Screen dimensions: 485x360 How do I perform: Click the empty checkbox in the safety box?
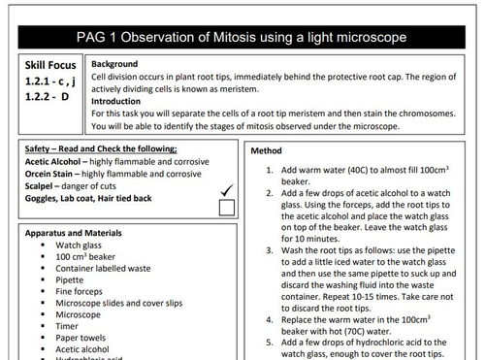[x=226, y=207]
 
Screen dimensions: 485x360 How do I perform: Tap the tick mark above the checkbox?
[x=226, y=189]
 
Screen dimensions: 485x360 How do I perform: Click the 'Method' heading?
[x=267, y=151]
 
